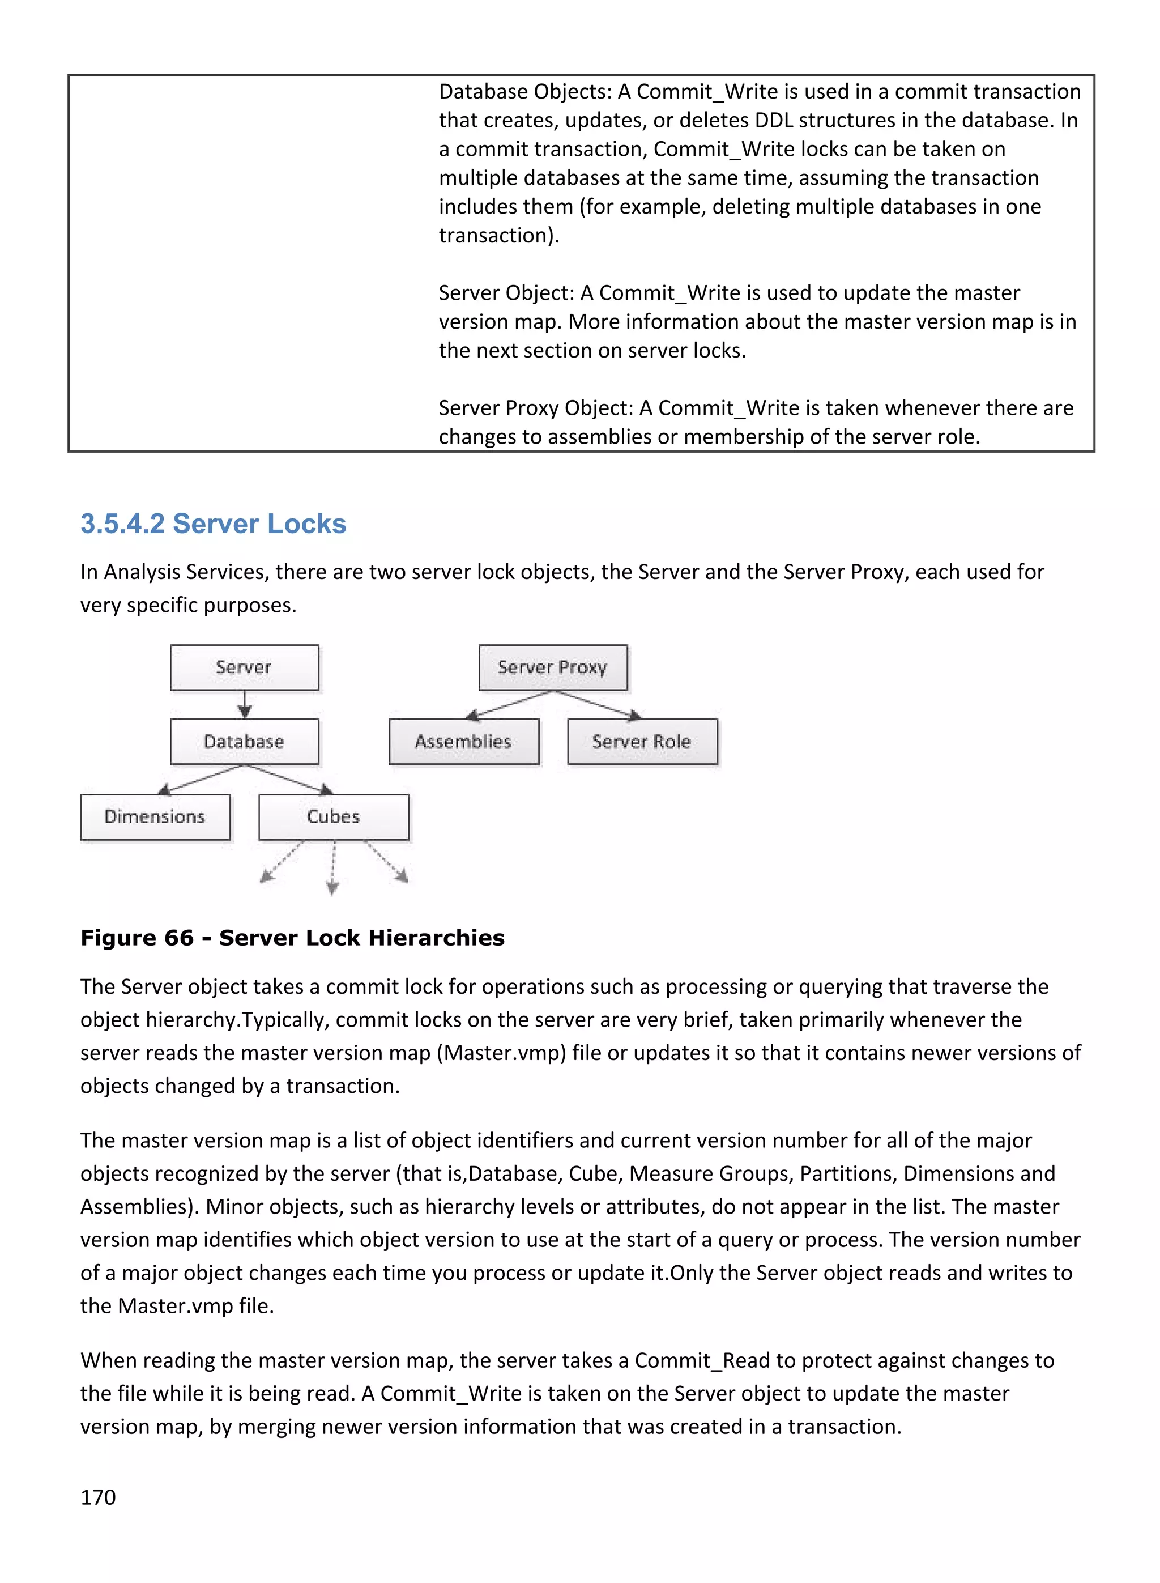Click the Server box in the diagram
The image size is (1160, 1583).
244,667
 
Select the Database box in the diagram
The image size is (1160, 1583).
244,742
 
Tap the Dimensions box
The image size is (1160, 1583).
155,817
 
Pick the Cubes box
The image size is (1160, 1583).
334,817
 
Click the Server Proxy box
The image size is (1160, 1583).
553,667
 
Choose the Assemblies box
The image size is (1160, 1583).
463,742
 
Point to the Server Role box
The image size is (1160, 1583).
642,742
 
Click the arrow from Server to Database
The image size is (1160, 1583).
244,704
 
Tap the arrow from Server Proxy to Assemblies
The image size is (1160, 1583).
509,704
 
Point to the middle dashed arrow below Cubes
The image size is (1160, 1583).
334,868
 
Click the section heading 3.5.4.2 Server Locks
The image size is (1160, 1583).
214,524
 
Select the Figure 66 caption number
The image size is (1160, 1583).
137,938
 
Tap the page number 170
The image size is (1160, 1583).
99,1497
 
